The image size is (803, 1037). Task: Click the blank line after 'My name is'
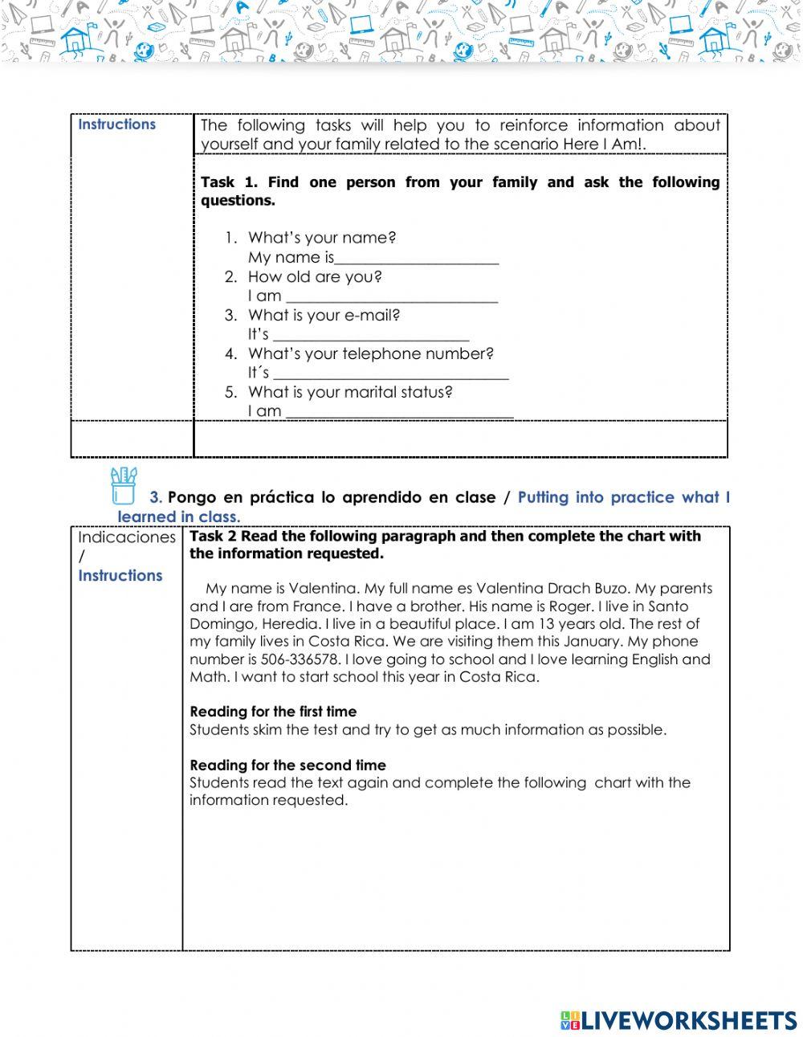click(417, 259)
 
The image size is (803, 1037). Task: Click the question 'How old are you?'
click(315, 277)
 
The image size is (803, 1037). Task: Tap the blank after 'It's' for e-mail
click(371, 336)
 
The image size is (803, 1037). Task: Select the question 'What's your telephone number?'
click(370, 354)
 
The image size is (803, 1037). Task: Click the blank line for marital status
click(399, 413)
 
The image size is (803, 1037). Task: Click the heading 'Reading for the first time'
click(273, 712)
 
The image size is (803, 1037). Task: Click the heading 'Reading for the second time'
click(287, 766)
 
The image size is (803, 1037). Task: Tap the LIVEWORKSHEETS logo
click(679, 1020)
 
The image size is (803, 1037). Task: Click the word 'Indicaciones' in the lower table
click(126, 537)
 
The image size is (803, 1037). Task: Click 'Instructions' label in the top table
click(117, 125)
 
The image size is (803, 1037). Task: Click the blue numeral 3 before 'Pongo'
click(155, 498)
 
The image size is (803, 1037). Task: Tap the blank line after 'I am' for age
click(391, 297)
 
